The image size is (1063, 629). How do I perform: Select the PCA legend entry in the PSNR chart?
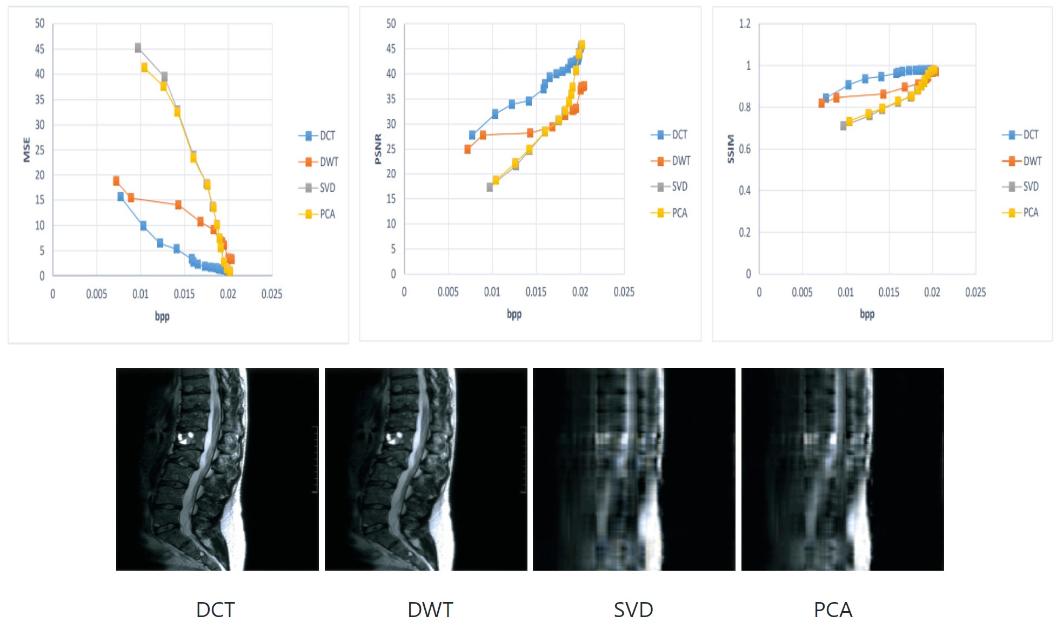(670, 213)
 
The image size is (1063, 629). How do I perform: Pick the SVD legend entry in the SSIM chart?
(1021, 187)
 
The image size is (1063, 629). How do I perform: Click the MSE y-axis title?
(26, 150)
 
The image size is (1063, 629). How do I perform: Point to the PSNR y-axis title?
(378, 149)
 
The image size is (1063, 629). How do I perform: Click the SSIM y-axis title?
(730, 149)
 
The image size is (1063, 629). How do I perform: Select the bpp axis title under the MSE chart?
(162, 316)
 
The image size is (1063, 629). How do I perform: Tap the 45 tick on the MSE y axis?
(39, 49)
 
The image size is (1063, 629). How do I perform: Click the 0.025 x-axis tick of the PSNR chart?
(624, 292)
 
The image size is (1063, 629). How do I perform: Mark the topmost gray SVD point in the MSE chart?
(138, 48)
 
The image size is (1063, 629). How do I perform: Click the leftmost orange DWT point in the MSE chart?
(116, 181)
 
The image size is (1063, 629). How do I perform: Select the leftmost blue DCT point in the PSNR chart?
(472, 135)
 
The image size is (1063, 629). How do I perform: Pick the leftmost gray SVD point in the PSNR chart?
(490, 187)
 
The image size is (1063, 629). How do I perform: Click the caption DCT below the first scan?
(215, 610)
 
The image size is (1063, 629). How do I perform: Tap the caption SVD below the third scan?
(633, 610)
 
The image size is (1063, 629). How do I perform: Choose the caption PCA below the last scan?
(833, 610)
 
